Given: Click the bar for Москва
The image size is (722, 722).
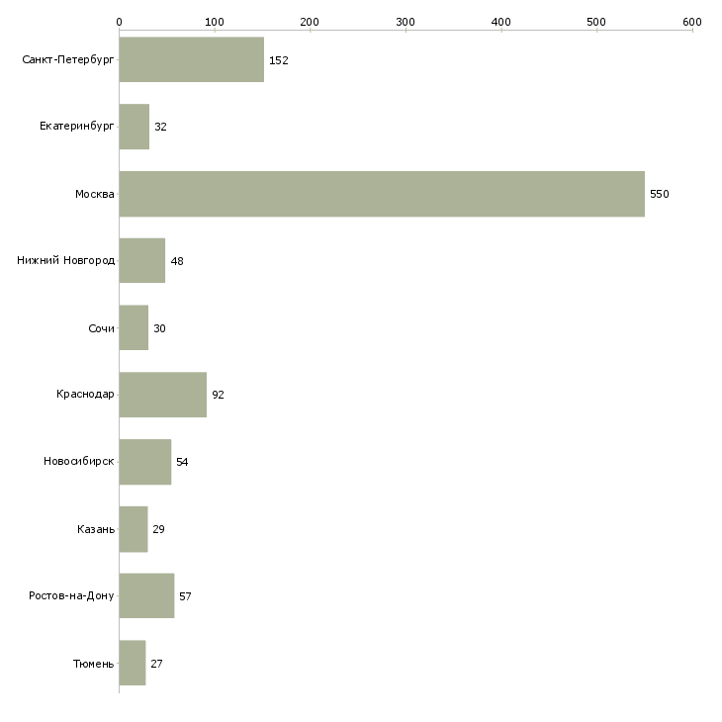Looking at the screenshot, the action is point(382,194).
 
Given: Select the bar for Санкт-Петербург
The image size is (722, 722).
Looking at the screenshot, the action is point(192,59).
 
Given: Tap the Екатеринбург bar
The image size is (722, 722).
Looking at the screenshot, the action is point(134,127).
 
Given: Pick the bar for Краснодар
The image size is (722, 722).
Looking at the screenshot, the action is point(163,395).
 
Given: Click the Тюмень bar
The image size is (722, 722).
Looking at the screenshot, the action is point(133,663).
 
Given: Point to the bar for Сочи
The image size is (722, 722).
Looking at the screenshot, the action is point(134,327).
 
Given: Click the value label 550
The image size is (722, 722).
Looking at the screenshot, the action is point(660,194).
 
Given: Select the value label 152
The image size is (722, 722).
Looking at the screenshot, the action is point(279,60).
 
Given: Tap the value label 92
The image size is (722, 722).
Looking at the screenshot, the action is point(218,395).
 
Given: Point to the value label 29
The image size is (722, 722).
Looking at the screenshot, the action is point(159,529).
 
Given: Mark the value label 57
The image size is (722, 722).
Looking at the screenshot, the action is point(185,596).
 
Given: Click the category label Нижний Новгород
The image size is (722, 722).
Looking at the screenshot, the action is point(66,261).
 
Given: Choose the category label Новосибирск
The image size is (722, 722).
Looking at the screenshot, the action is point(79,461).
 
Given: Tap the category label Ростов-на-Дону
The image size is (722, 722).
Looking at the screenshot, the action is point(71,595).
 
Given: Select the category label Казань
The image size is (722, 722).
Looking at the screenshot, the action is point(96,529).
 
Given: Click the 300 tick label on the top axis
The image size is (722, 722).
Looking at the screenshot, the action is point(406,22).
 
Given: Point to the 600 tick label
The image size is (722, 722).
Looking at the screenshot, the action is point(692,22).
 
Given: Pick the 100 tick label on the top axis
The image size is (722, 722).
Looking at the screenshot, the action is point(215,22).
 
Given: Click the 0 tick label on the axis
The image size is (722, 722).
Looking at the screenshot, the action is point(120,22).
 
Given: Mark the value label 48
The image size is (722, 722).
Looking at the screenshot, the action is point(177,261).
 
